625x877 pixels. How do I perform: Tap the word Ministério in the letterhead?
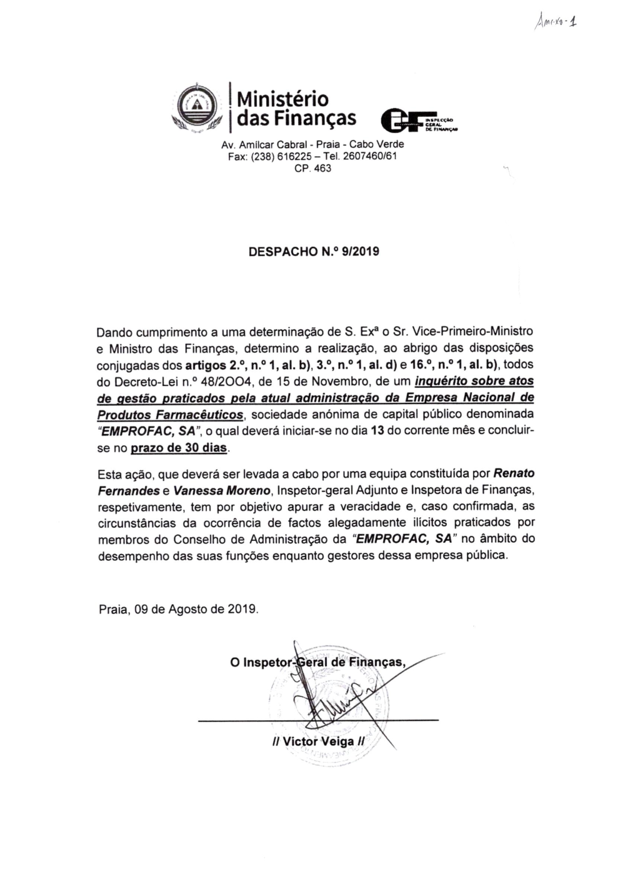[x=283, y=99]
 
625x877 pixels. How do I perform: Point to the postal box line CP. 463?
[x=312, y=169]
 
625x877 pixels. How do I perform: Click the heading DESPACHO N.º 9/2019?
[x=314, y=252]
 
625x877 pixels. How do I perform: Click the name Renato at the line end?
[x=514, y=473]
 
